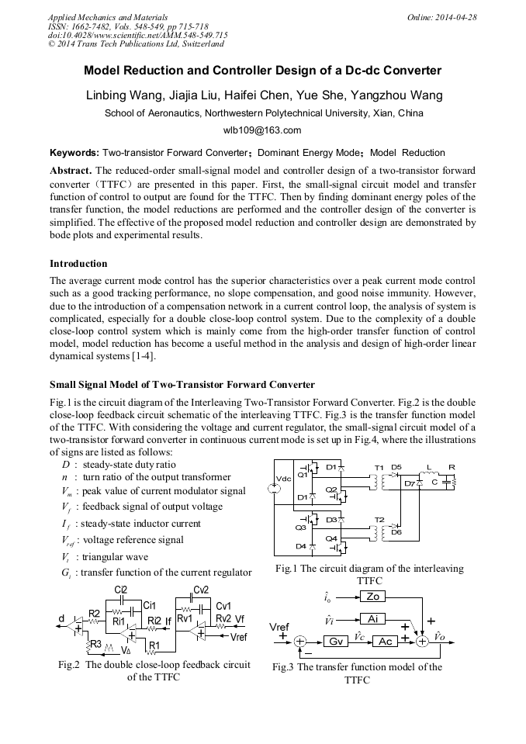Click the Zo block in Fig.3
pyautogui.click(x=372, y=597)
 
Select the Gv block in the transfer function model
pyautogui.click(x=336, y=642)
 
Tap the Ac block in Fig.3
pyautogui.click(x=384, y=642)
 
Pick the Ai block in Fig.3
pyautogui.click(x=372, y=618)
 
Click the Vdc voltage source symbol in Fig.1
pyautogui.click(x=274, y=488)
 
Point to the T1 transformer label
pyautogui.click(x=379, y=467)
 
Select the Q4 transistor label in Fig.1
pyautogui.click(x=331, y=538)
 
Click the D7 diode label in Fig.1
pyautogui.click(x=409, y=484)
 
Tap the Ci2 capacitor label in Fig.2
pyautogui.click(x=121, y=591)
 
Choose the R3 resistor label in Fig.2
pyautogui.click(x=95, y=644)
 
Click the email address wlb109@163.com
pyautogui.click(x=262, y=130)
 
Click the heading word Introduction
pyautogui.click(x=78, y=264)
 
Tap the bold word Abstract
pyautogui.click(x=71, y=170)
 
